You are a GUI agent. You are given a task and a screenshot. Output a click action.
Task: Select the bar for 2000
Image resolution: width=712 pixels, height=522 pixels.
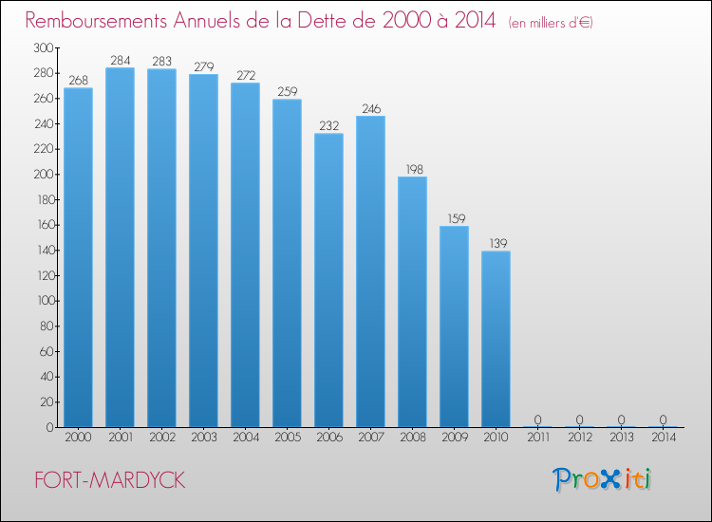78,257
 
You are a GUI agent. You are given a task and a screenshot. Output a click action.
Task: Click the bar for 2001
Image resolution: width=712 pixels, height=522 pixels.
120,249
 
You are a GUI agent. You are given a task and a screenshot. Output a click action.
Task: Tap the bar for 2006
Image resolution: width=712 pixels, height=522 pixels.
328,280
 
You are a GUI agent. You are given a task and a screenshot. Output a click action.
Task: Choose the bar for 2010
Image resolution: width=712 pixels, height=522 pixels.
496,339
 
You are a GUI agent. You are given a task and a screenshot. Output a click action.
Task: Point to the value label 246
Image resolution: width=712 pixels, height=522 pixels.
370,109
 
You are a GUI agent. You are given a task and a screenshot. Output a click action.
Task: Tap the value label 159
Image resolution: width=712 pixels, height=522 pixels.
454,219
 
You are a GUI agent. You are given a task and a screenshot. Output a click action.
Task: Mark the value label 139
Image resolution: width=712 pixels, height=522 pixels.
496,244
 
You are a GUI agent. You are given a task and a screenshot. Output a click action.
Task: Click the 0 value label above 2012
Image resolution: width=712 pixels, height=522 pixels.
579,419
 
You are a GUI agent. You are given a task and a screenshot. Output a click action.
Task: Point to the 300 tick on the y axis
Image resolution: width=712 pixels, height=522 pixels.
42,47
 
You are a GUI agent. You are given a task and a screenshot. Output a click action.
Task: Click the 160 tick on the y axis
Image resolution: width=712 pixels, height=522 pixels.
42,225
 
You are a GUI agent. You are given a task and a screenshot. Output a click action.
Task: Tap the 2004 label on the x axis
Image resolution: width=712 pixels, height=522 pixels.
245,438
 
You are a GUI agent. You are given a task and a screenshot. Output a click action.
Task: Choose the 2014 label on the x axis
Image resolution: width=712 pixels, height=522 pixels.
663,438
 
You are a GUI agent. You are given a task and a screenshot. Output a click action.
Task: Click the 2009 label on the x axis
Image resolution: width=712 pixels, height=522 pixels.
454,438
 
